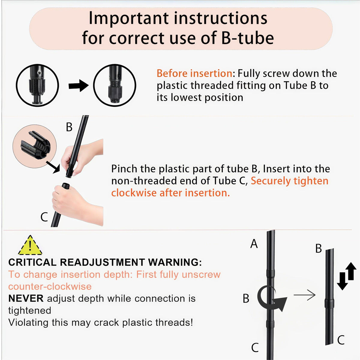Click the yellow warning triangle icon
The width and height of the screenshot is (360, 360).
click(30, 245)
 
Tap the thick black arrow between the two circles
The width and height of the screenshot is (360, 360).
click(79, 86)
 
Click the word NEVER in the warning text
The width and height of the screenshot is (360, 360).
click(26, 298)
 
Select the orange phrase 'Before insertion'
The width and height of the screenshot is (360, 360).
click(194, 73)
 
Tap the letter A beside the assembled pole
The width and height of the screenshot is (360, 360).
click(254, 244)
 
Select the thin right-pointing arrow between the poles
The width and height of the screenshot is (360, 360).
click(304, 295)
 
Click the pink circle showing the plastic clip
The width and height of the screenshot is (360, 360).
click(34, 146)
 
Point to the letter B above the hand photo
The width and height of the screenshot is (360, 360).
click(69, 127)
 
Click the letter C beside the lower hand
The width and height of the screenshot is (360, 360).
click(44, 217)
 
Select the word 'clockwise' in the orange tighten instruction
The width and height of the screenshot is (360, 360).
click(134, 193)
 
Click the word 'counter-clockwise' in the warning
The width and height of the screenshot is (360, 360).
click(50, 286)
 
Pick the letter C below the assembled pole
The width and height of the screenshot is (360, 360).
click(255, 347)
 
